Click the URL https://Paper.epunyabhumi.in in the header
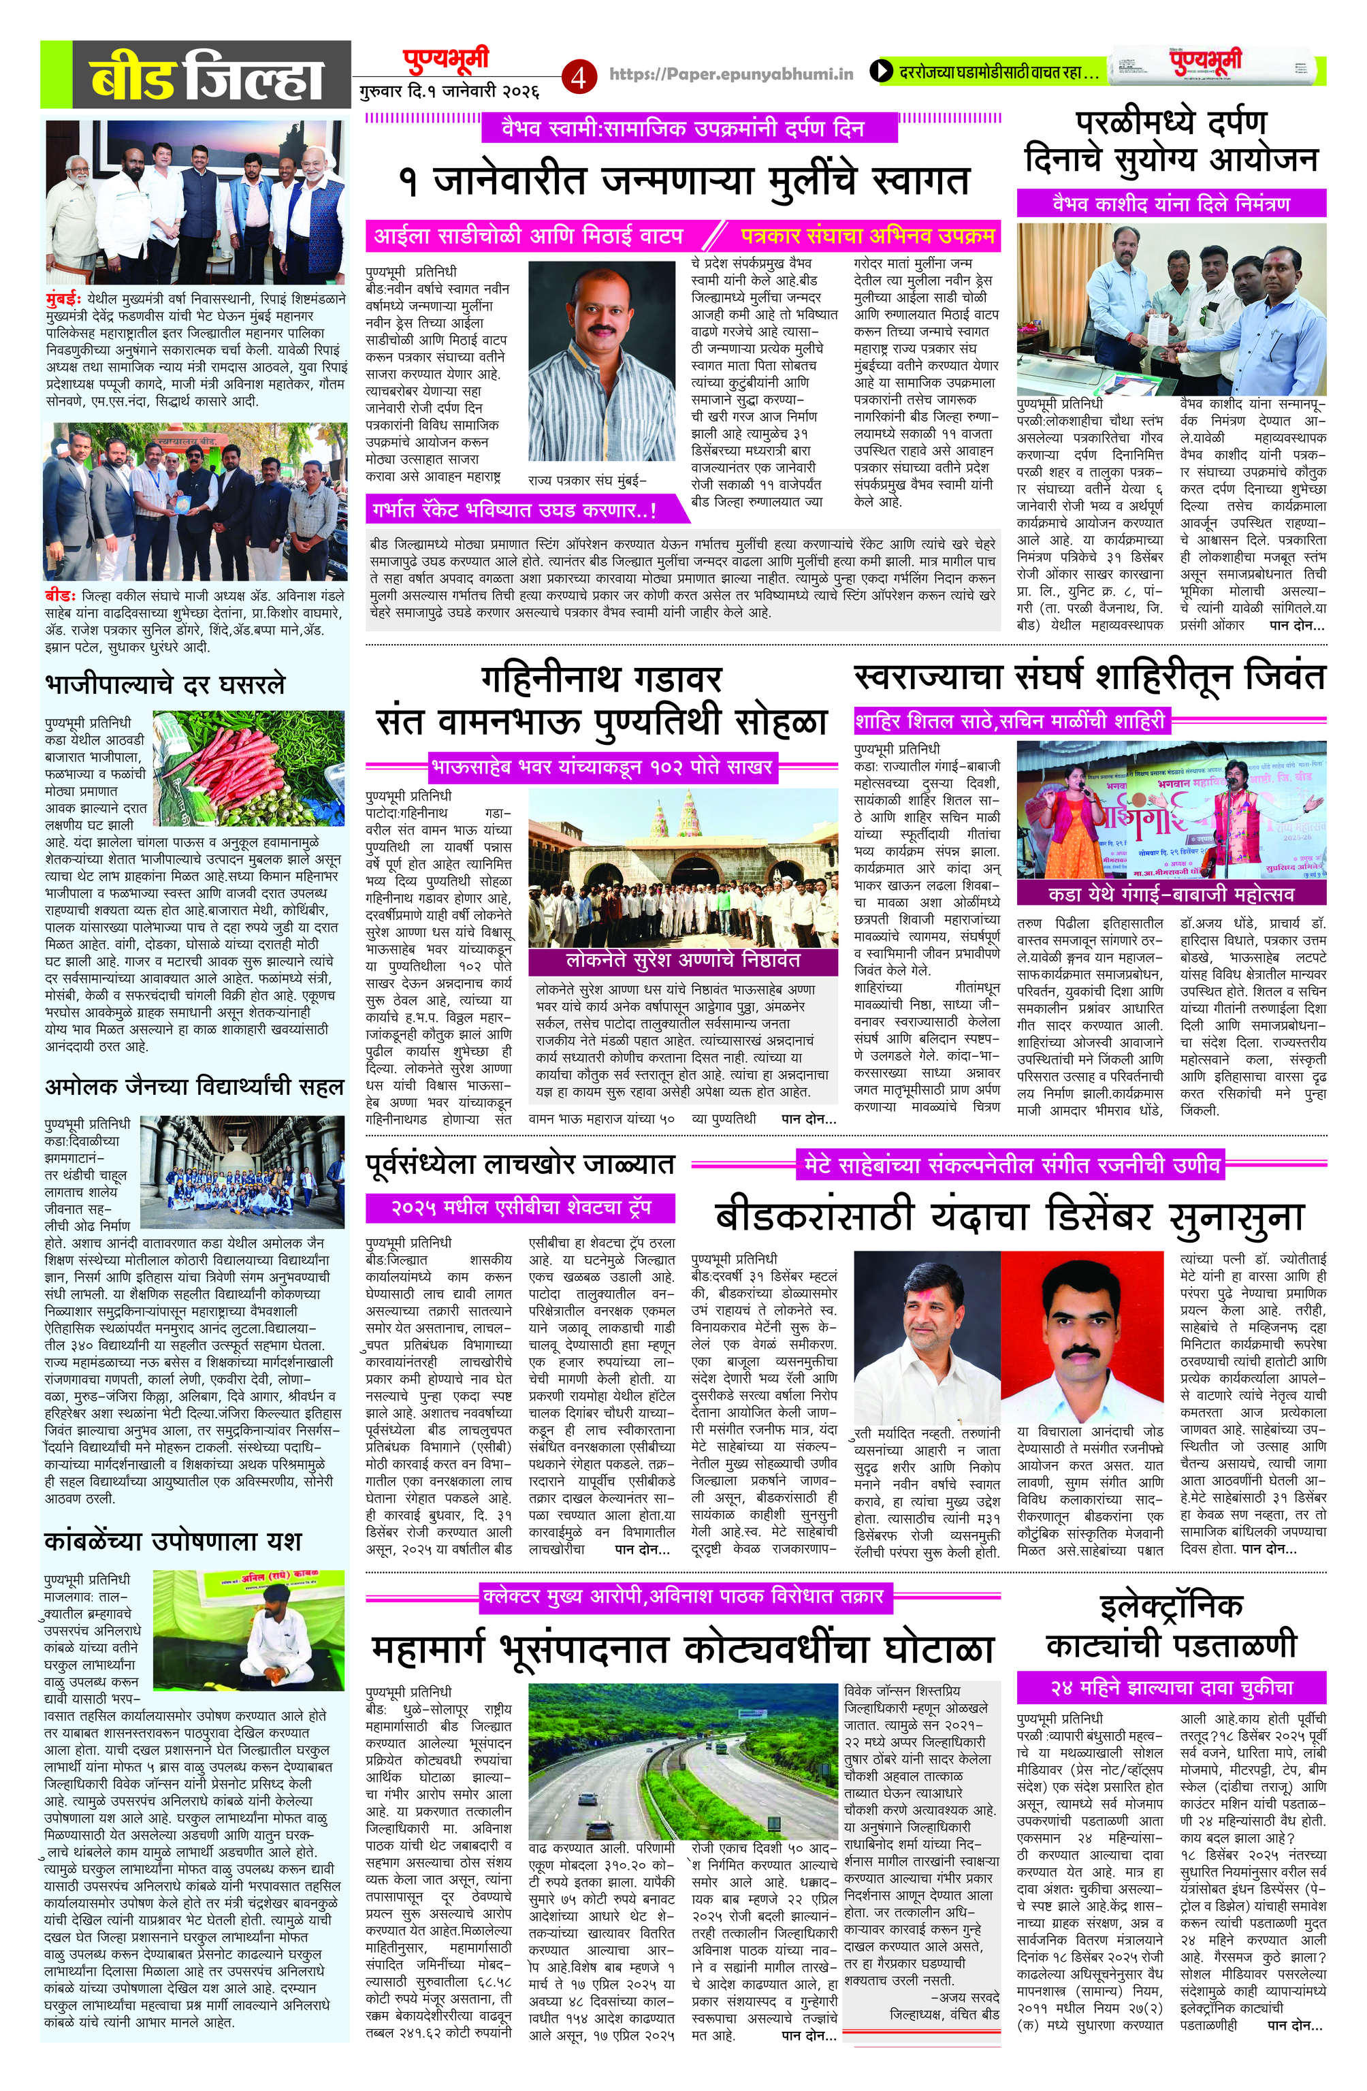731,75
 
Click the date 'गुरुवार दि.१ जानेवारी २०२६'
449,91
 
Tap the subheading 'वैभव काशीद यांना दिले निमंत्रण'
1170,204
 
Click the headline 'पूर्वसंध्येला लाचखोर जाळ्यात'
520,1164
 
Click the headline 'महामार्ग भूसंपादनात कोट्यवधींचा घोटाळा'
683,1649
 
